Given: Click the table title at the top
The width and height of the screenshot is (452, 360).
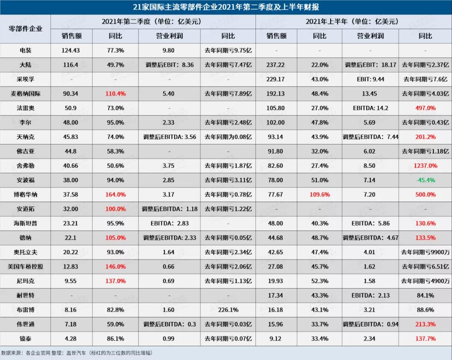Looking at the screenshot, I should [226, 7].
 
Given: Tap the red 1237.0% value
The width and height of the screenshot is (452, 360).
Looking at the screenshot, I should [425, 166].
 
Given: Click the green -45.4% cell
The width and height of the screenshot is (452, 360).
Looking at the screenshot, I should [425, 180].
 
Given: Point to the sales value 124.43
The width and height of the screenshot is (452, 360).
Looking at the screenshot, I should [70, 50].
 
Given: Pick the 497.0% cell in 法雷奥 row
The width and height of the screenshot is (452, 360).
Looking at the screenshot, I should [425, 108].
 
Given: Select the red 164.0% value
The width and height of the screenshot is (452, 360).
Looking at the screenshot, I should [116, 194].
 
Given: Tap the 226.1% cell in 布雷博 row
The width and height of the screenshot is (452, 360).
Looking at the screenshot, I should [228, 310].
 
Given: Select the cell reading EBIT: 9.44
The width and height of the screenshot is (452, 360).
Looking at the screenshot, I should [370, 79].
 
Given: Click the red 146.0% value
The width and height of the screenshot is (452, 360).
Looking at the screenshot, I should [116, 266].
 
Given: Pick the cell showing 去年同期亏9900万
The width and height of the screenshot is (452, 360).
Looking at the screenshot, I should [425, 252].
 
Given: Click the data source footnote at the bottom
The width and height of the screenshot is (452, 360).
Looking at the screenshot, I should [77, 353].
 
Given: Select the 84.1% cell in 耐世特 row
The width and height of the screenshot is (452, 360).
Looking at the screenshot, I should [425, 295].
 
